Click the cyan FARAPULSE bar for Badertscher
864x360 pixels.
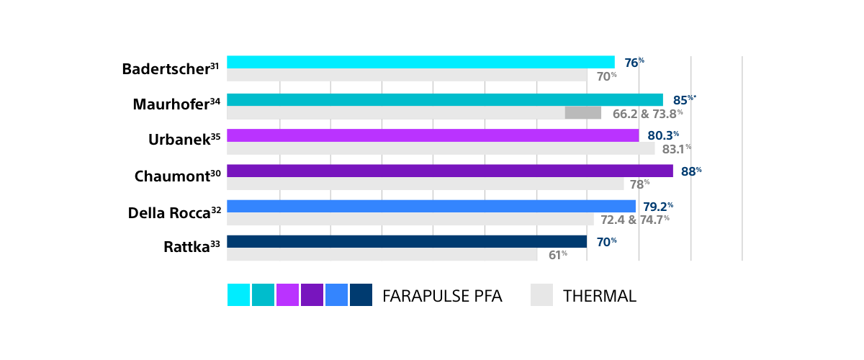[x=420, y=62]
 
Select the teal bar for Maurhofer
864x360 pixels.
[x=444, y=99]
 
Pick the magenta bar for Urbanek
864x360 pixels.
[x=432, y=135]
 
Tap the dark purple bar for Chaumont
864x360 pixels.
[x=449, y=171]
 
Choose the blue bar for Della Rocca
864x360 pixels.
[x=431, y=206]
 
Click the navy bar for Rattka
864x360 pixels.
[x=406, y=241]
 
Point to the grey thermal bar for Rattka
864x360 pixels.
[x=382, y=255]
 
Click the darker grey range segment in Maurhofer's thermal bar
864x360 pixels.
[x=582, y=112]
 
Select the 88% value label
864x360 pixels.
[x=691, y=171]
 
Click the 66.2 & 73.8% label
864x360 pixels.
[x=647, y=113]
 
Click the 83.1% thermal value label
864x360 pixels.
[x=676, y=149]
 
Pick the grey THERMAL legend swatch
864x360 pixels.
[x=541, y=295]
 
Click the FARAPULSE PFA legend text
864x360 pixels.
[x=442, y=296]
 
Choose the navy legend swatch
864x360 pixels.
[x=361, y=295]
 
